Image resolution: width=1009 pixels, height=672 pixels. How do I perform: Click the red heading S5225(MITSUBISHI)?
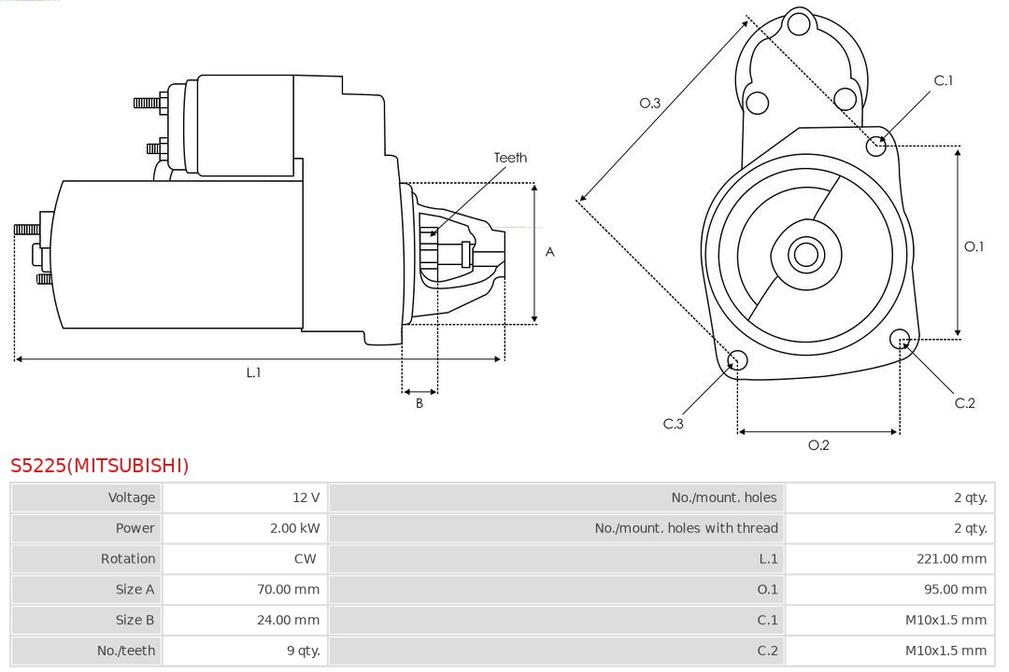(x=100, y=466)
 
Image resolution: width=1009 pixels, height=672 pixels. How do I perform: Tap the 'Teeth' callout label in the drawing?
(x=510, y=158)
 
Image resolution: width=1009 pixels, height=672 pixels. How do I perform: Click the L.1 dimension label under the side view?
(x=253, y=372)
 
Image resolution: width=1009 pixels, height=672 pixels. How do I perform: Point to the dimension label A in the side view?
(x=550, y=252)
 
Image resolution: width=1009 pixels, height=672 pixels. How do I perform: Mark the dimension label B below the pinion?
(x=419, y=403)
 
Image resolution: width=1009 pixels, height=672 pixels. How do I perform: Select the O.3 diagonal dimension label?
(x=650, y=103)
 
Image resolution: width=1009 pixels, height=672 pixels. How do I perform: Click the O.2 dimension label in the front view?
(x=818, y=445)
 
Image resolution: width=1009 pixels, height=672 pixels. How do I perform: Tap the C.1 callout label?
(x=944, y=80)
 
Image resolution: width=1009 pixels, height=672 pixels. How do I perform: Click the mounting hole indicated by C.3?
(x=737, y=361)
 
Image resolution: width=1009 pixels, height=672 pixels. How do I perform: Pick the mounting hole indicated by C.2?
(x=900, y=338)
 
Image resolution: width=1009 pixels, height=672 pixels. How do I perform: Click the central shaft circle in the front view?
(x=804, y=254)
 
